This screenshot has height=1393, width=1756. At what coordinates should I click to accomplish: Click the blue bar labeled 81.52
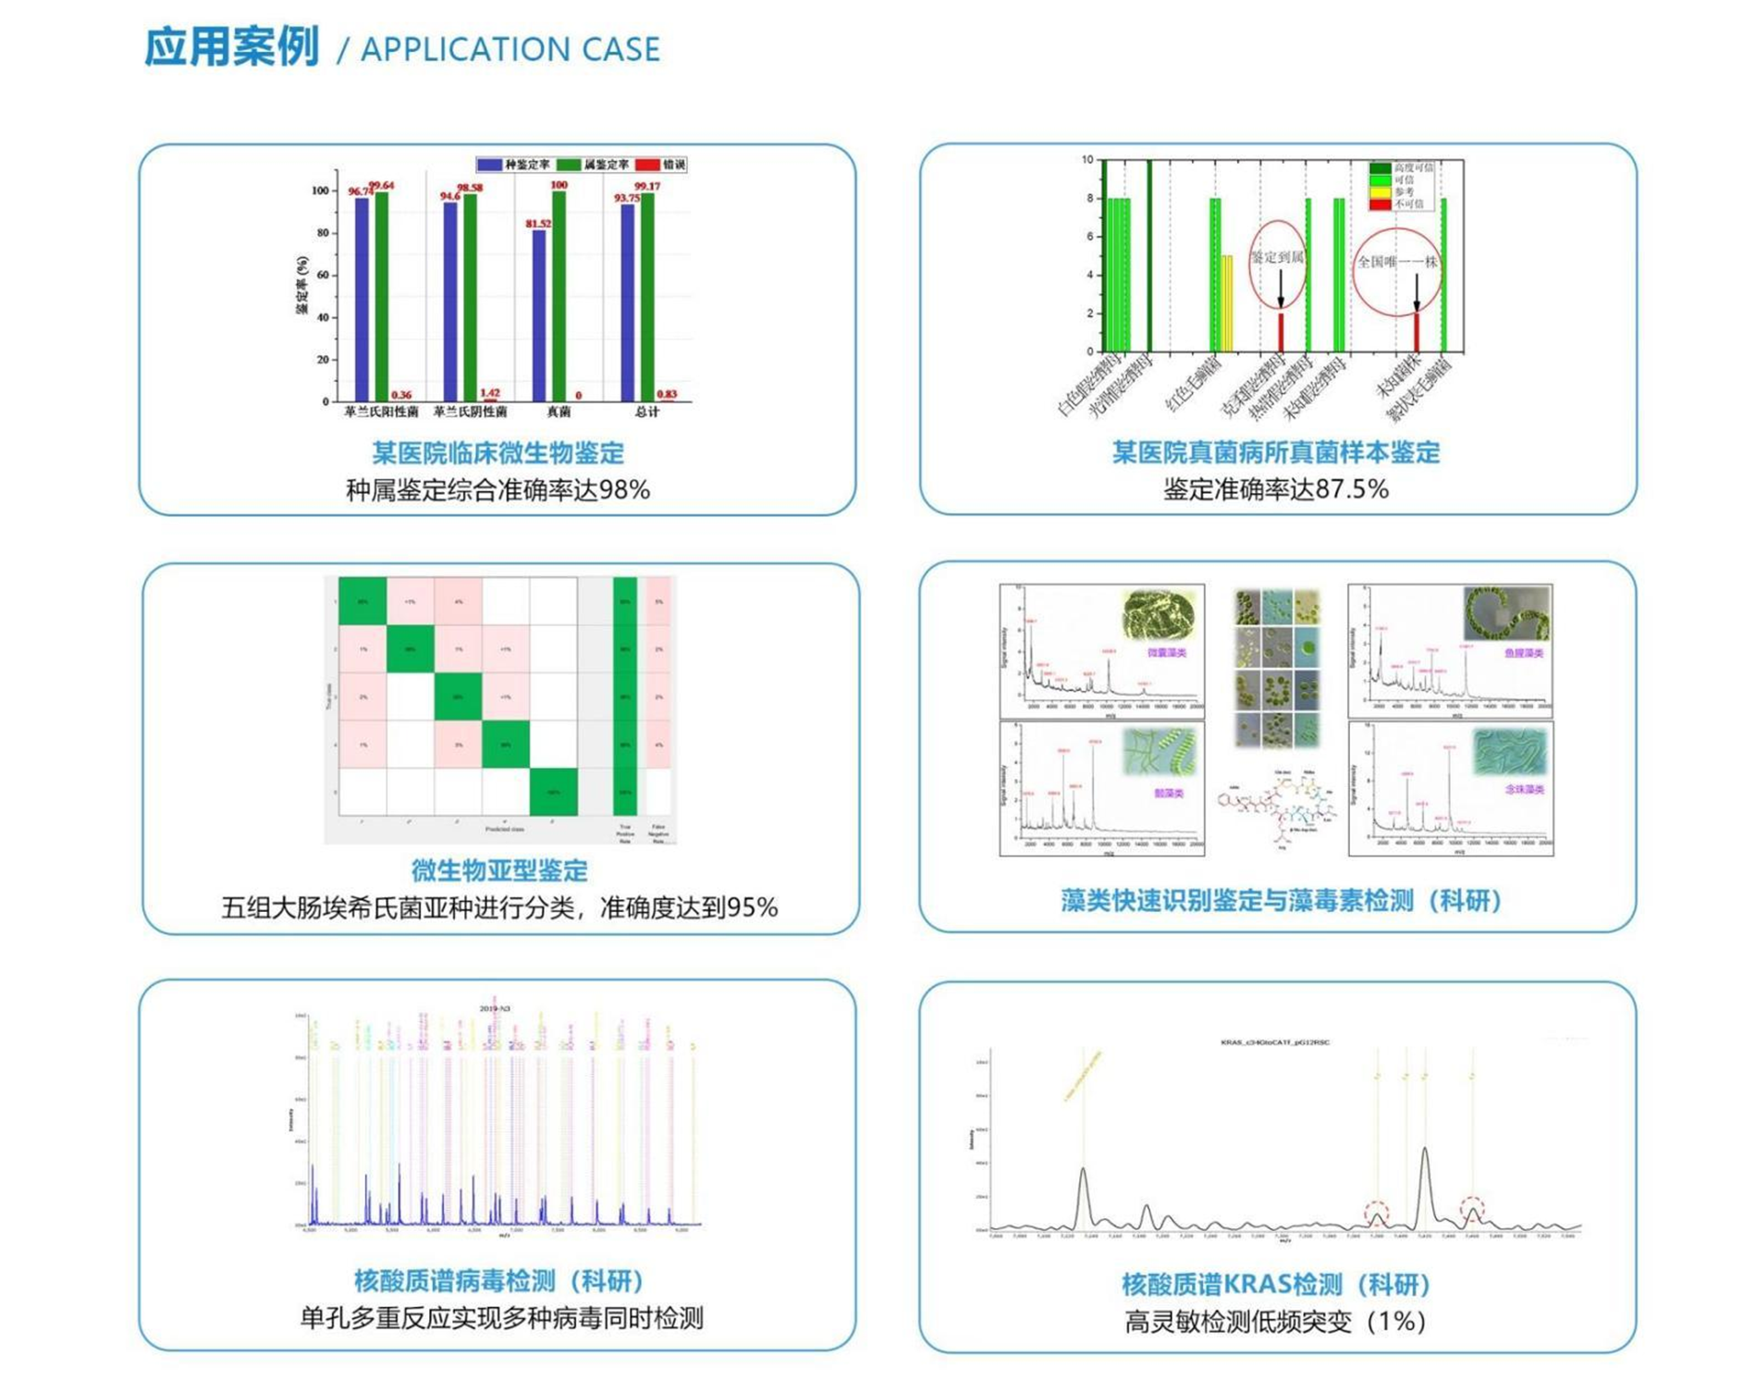(539, 314)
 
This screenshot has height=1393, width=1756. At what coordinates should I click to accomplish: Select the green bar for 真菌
(559, 296)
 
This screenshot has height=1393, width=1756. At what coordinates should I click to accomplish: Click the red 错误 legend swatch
(648, 165)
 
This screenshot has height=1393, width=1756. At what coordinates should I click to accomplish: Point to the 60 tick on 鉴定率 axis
(323, 276)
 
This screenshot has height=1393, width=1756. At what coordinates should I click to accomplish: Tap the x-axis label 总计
(646, 412)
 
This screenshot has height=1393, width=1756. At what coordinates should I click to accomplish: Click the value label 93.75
(626, 198)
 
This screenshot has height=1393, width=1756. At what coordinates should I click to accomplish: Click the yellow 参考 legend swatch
(1380, 191)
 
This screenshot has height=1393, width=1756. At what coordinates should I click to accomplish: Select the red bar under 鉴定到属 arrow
(1281, 332)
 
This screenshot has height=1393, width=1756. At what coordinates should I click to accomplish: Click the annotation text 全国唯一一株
(1396, 262)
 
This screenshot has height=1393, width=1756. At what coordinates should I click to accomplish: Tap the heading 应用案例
(231, 47)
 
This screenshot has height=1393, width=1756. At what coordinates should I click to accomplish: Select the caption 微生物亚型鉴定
(499, 870)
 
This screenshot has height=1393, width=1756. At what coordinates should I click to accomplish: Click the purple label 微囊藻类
(1166, 653)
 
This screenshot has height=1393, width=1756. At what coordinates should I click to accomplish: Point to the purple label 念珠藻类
(1524, 789)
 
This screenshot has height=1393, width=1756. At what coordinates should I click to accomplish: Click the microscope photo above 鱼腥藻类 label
(1506, 613)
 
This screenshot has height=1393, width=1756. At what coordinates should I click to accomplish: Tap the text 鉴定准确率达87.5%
(1276, 489)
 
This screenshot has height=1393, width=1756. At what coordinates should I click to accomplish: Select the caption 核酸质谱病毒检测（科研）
(499, 1281)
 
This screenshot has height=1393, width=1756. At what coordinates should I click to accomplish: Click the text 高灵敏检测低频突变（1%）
(1276, 1322)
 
